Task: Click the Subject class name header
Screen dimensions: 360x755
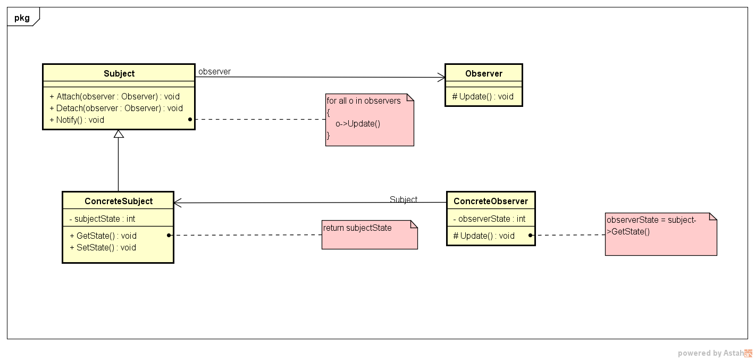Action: point(119,73)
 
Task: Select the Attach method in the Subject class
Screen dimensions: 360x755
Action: point(114,97)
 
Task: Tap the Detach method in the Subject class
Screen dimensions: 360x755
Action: point(116,108)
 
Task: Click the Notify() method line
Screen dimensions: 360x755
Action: point(77,120)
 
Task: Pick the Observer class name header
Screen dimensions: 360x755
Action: point(483,73)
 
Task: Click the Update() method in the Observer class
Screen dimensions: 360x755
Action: point(483,96)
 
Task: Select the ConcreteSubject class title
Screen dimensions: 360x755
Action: point(118,201)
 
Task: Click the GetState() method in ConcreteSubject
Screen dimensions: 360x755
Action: point(103,236)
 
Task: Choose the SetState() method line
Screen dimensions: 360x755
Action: point(103,247)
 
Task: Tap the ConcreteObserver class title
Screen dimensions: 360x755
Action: point(490,201)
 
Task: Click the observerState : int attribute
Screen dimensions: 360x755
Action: point(489,219)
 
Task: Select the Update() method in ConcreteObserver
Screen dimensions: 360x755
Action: point(483,236)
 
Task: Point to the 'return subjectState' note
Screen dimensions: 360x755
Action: point(369,234)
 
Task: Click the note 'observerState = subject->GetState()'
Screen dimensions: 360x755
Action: point(660,234)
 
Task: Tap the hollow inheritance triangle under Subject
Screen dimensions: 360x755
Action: point(119,134)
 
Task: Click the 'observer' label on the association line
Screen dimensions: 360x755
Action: point(214,71)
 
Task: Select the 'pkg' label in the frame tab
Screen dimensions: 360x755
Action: point(22,18)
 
